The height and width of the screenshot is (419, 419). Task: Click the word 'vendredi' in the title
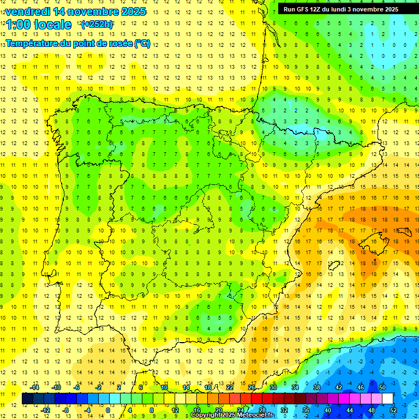point(26,11)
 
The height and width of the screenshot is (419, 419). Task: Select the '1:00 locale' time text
point(39,25)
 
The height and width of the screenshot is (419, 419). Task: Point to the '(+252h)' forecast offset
point(97,25)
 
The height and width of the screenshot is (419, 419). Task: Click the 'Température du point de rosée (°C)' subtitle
point(78,44)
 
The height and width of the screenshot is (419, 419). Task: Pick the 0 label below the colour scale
point(108,410)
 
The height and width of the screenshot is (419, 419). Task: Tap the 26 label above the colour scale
point(251,387)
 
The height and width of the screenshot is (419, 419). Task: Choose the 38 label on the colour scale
point(316,387)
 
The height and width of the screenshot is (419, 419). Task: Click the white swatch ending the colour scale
point(387,399)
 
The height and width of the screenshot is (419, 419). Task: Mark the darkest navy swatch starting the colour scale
point(27,399)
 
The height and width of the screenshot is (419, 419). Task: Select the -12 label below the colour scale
point(46,410)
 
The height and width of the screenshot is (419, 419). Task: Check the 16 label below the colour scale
point(196,410)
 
